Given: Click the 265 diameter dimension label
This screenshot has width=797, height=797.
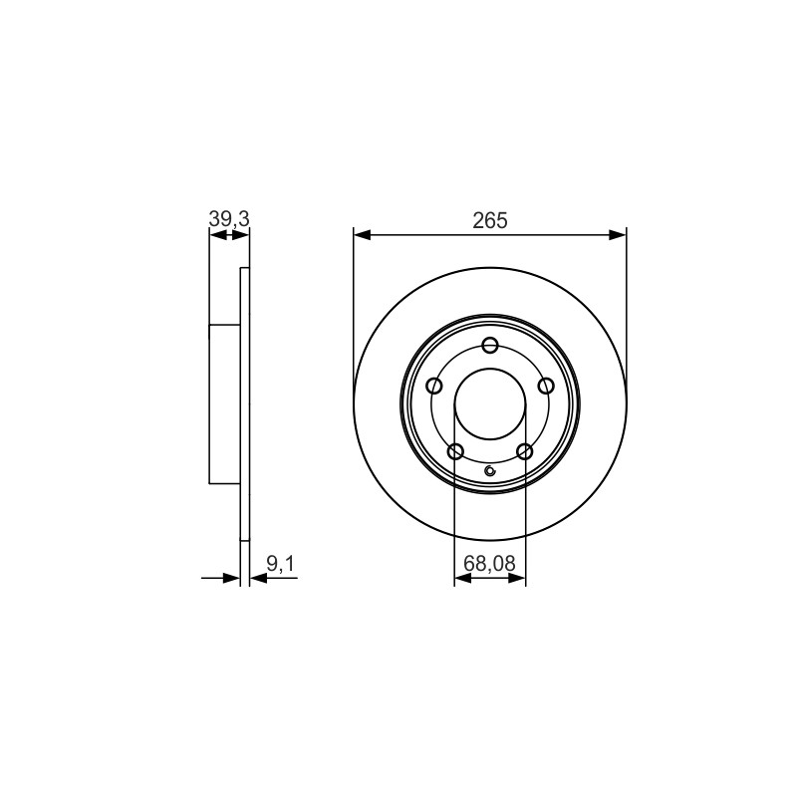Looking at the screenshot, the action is point(490,220).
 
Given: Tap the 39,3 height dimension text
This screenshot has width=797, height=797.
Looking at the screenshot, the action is point(229,219).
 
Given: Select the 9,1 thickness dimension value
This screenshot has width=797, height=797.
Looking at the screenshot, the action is point(281,563).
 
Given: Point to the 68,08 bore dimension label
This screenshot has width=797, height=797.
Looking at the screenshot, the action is point(489,563).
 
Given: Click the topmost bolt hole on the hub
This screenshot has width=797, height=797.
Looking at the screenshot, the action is point(490,346).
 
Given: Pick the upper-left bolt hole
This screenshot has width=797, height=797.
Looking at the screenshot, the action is point(434,386).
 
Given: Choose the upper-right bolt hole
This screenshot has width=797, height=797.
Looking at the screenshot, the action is point(546,386).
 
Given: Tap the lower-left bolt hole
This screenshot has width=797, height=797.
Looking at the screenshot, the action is point(455,451).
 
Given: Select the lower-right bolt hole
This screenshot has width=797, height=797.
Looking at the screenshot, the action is point(524,451).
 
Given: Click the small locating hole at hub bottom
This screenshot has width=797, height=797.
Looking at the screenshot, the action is point(490,470).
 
